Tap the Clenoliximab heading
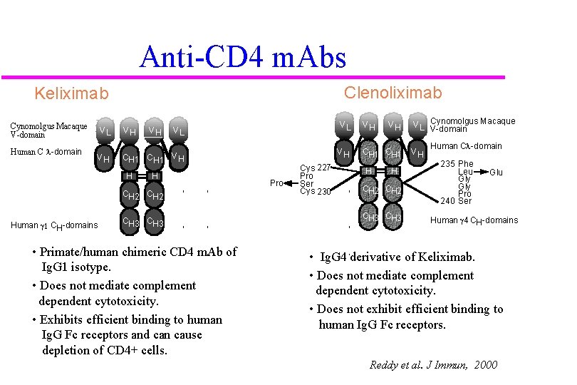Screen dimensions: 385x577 click(x=393, y=93)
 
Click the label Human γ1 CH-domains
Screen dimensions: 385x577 click(x=54, y=225)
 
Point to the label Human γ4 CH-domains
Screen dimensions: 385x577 click(x=474, y=220)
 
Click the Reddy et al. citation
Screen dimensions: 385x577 click(x=433, y=365)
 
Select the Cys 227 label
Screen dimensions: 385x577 click(x=316, y=168)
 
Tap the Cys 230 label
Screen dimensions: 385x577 click(x=316, y=191)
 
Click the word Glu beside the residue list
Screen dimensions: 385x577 click(x=496, y=173)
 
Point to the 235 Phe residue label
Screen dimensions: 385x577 click(x=457, y=164)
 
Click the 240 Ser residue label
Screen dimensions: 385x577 click(x=457, y=201)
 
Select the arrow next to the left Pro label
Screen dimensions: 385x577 click(x=291, y=183)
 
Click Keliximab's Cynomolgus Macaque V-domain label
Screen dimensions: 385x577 click(x=48, y=130)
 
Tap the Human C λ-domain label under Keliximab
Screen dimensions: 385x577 click(x=46, y=151)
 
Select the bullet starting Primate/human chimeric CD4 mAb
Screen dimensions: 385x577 click(x=135, y=259)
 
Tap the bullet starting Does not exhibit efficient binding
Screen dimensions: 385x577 click(x=406, y=317)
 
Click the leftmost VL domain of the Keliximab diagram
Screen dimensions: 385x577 click(x=105, y=130)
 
